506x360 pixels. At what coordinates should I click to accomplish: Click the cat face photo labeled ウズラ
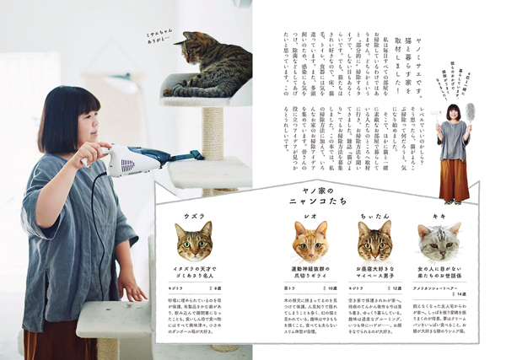193,240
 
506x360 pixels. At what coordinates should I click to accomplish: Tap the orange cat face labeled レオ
310,240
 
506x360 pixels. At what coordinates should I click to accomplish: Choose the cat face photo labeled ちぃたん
374,240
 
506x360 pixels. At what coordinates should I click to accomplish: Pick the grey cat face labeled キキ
438,240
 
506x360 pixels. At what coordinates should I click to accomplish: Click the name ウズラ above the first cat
193,215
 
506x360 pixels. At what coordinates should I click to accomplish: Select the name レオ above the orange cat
310,215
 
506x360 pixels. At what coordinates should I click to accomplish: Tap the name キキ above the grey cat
438,215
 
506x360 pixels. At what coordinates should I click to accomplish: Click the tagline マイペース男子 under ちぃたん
374,274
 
